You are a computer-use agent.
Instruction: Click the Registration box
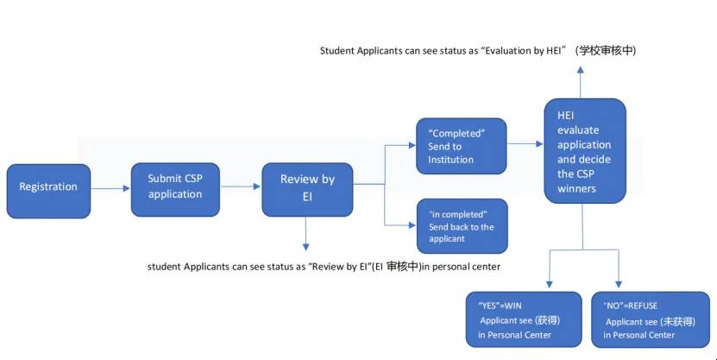pyautogui.click(x=48, y=190)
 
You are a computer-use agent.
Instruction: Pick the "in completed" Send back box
pyautogui.click(x=462, y=225)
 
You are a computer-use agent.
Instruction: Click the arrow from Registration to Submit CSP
pyautogui.click(x=110, y=187)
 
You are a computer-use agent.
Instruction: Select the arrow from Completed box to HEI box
pyautogui.click(x=525, y=143)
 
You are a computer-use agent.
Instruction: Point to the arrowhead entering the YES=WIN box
pyautogui.click(x=548, y=285)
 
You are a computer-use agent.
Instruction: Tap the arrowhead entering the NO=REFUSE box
pyautogui.click(x=619, y=285)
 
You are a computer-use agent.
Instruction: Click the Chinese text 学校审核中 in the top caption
pyautogui.click(x=608, y=51)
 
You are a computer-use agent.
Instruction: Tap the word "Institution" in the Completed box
pyautogui.click(x=450, y=159)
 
